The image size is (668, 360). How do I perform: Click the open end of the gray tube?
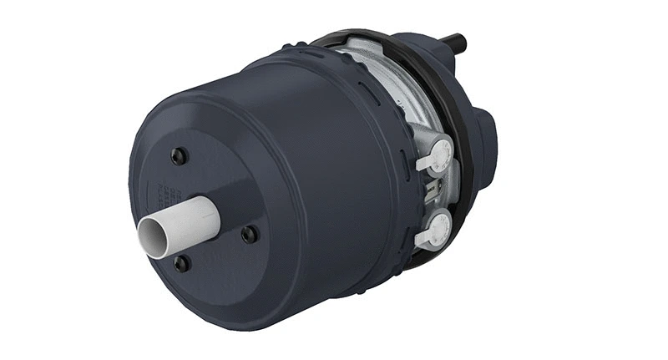pyautogui.click(x=153, y=237)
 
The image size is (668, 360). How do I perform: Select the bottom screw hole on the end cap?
pyautogui.click(x=181, y=264)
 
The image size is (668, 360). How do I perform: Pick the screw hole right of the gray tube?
pyautogui.click(x=249, y=235)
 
